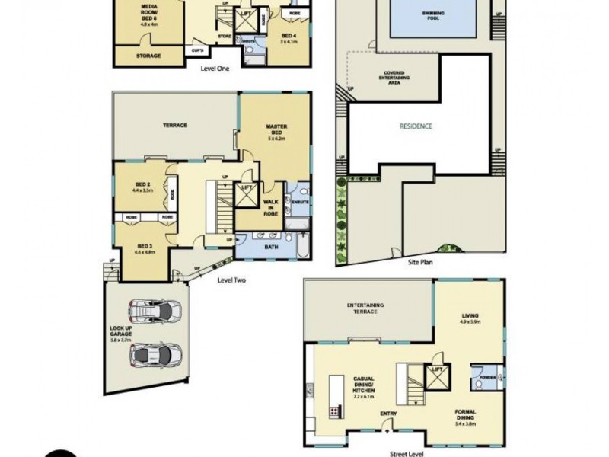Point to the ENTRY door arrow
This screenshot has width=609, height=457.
tap(387, 430)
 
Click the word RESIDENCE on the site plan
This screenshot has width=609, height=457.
tap(416, 126)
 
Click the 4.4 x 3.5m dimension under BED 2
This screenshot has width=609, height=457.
tap(143, 190)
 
